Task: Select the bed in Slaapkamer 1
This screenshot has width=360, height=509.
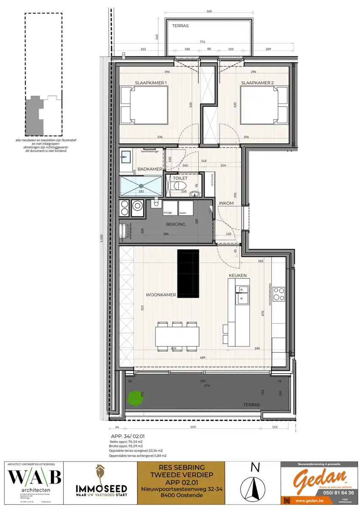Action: [x=144, y=105]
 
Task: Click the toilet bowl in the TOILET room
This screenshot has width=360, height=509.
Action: [x=179, y=186]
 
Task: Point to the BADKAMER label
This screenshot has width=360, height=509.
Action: [x=150, y=169]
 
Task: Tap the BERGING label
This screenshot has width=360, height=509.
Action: [x=176, y=224]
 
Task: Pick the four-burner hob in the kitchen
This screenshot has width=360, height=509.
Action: [x=278, y=294]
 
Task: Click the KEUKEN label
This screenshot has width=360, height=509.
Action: [x=238, y=275]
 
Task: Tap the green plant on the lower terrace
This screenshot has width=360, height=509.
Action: [x=135, y=398]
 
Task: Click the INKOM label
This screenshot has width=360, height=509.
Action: [x=226, y=203]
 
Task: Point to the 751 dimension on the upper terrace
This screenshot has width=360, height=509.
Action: [x=203, y=42]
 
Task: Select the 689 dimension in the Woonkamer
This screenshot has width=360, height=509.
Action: [x=203, y=358]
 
